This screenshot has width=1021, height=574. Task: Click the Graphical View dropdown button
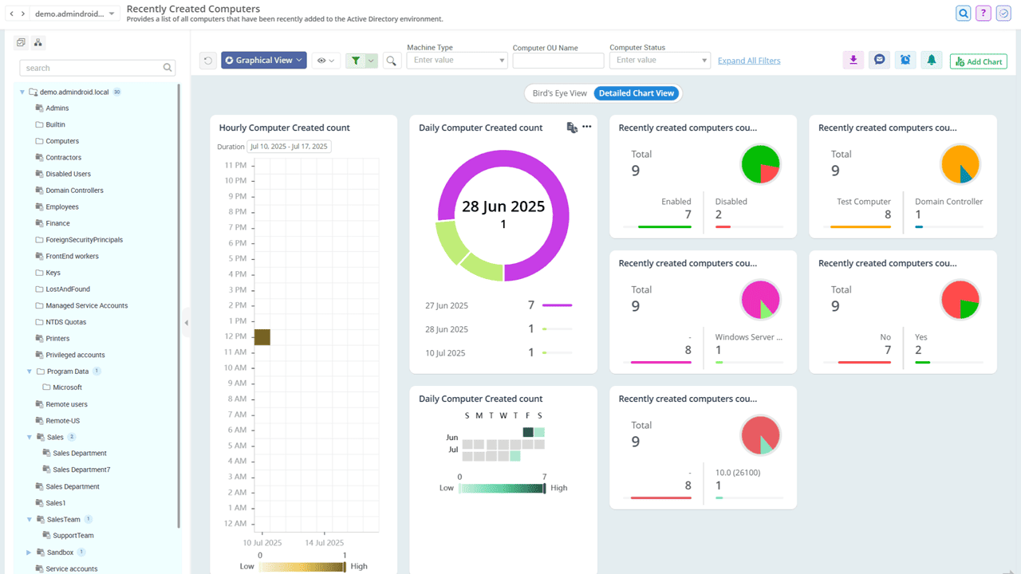[x=263, y=60]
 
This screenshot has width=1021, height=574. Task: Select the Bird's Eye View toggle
[x=559, y=93]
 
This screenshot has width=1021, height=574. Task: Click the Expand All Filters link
[x=749, y=61]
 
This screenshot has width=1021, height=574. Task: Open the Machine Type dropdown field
[x=456, y=61]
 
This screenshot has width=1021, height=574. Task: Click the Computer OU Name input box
[x=558, y=61]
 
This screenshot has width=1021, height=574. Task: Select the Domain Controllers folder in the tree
[x=74, y=191]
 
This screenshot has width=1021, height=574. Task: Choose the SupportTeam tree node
[x=73, y=536]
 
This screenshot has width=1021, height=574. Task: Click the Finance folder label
[x=57, y=223]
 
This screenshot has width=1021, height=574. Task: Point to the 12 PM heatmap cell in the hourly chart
[x=262, y=337]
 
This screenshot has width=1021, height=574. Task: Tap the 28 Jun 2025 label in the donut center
[x=503, y=207]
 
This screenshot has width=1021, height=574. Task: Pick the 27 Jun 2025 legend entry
[x=447, y=305]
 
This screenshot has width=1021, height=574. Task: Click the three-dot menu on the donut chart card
[x=587, y=127]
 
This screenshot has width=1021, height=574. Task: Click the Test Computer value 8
[x=887, y=214]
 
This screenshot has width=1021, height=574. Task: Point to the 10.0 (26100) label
[x=738, y=473]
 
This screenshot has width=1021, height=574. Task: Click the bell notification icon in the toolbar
[x=930, y=60]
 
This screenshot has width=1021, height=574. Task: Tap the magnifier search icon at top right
[x=964, y=14]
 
